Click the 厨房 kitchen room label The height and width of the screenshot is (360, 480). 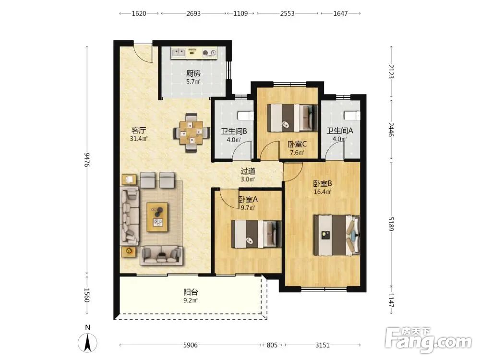(x=193, y=73)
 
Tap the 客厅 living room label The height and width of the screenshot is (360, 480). (x=139, y=131)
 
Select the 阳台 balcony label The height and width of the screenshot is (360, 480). (x=191, y=292)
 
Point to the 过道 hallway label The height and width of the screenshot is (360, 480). (x=248, y=171)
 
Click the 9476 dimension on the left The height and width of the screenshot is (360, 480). (x=87, y=159)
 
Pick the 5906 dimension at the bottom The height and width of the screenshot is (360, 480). (x=191, y=345)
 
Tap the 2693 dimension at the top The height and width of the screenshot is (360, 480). (x=193, y=13)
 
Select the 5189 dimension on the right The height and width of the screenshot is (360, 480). (x=391, y=224)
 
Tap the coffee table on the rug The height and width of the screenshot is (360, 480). (x=157, y=217)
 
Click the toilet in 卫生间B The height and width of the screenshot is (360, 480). (x=245, y=116)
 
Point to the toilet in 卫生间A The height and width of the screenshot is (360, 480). (x=352, y=116)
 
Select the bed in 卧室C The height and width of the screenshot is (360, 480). (x=292, y=118)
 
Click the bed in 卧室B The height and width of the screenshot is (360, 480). (x=336, y=235)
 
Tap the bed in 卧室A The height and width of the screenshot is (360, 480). (x=256, y=234)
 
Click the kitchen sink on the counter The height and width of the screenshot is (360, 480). (x=179, y=53)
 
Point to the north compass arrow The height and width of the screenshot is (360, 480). (x=87, y=343)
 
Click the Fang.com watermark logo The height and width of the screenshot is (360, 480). (x=428, y=340)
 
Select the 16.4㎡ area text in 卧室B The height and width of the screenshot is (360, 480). (x=323, y=192)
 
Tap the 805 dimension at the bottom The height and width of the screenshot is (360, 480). (x=272, y=345)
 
